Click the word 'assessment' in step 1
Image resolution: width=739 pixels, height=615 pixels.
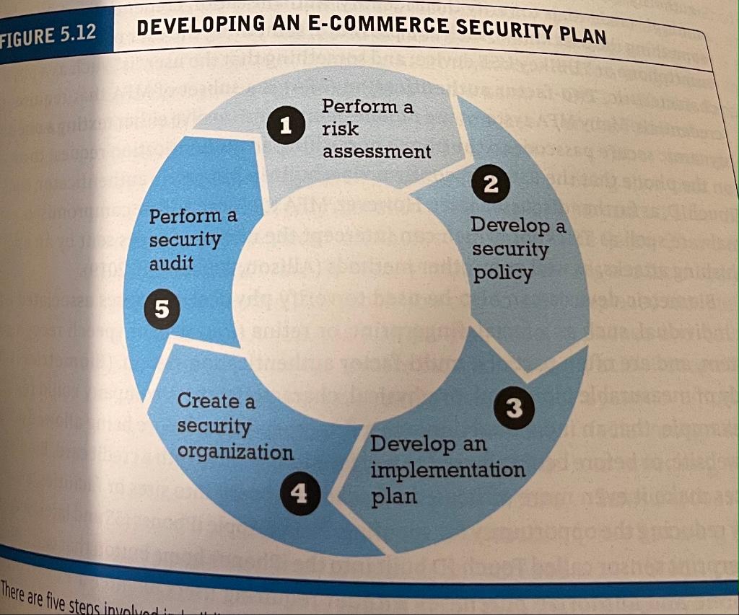tap(376, 152)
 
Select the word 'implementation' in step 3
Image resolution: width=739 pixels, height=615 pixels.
tap(447, 470)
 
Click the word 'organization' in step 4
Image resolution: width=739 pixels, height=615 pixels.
tap(235, 453)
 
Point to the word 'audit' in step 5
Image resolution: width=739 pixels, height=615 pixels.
tap(171, 264)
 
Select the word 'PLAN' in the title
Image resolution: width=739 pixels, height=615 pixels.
tap(582, 34)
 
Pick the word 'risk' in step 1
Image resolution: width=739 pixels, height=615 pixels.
tap(340, 129)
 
